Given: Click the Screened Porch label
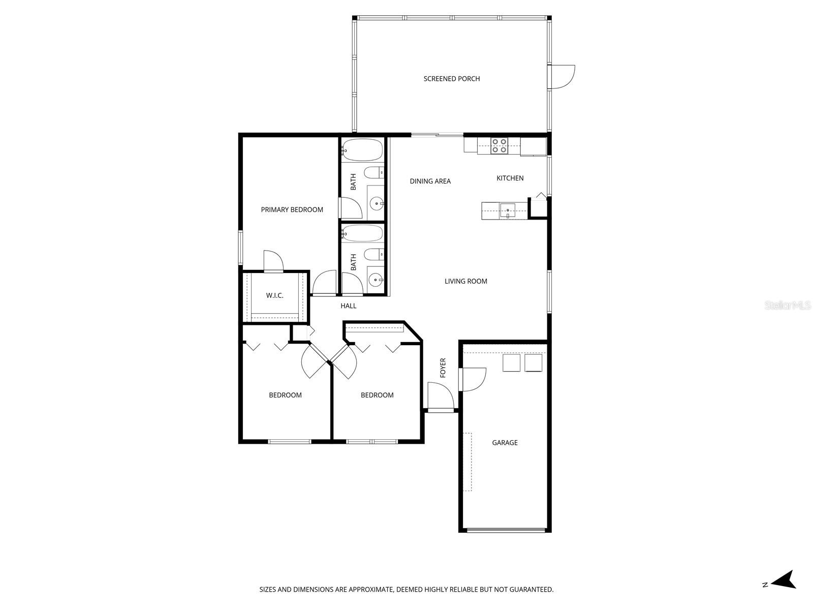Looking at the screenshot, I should coord(452,79).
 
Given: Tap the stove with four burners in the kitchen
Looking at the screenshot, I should coord(499,146).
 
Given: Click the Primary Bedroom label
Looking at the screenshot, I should coord(292,209).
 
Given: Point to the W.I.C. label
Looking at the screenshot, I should coord(275,295).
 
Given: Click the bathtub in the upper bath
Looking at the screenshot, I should coord(361,149).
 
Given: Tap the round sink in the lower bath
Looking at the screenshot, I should coord(376,279).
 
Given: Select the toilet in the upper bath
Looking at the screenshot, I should coord(375,172).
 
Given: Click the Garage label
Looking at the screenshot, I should coord(505,443).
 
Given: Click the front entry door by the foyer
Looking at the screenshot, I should coord(441,397).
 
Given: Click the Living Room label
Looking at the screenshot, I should coord(466,281).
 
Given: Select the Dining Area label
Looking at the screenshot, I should coord(430,181).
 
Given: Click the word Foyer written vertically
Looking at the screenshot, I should coord(443,368).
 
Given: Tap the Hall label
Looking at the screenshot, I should coord(349,306).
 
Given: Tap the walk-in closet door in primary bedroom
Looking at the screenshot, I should coord(273,262).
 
